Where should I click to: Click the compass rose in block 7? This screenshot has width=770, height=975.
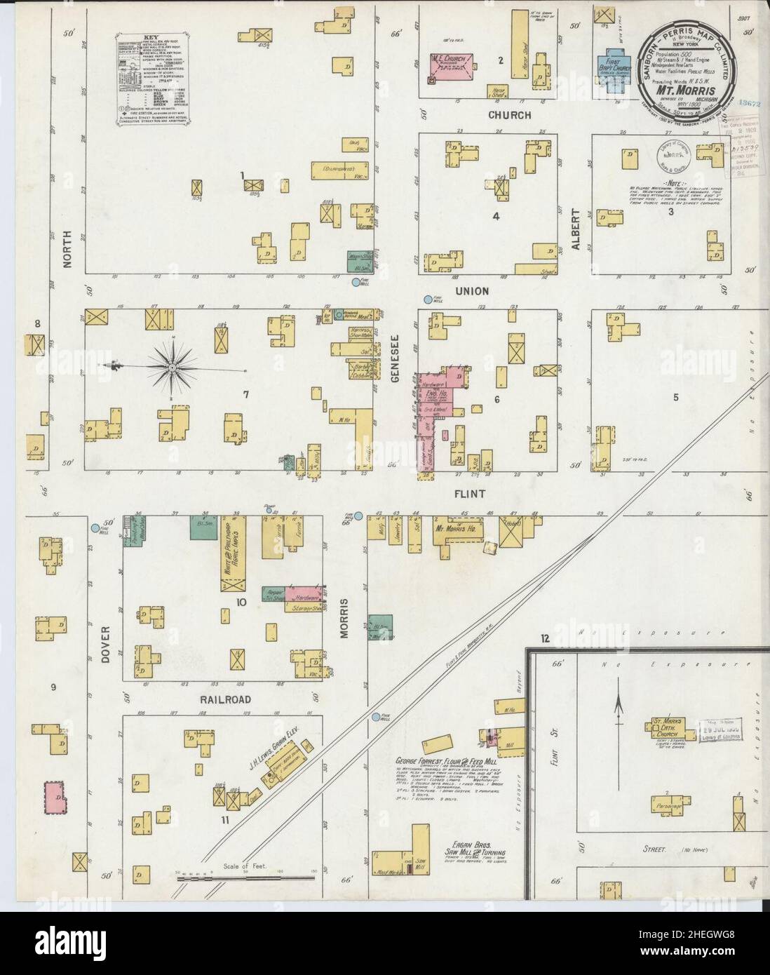coord(171,365)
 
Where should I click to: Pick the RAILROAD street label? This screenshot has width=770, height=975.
coord(223,699)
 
